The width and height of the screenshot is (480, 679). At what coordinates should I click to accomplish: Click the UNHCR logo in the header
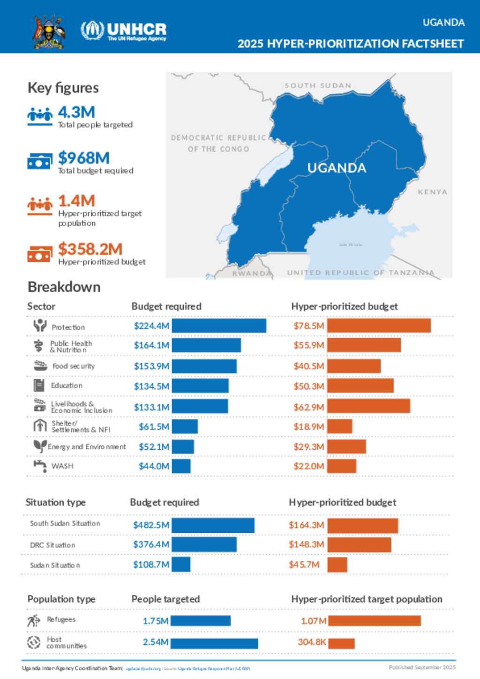[x=123, y=31]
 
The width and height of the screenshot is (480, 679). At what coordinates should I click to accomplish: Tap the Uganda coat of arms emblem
[x=49, y=31]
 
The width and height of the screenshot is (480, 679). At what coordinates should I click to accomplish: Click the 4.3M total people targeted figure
[x=76, y=112]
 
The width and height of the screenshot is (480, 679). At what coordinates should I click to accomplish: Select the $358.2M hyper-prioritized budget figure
[x=90, y=249]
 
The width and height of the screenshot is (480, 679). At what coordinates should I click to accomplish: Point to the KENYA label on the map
[x=432, y=192]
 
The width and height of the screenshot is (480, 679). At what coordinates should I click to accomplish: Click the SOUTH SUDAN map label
[x=318, y=86]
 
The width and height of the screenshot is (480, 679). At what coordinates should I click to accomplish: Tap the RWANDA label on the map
[x=252, y=273]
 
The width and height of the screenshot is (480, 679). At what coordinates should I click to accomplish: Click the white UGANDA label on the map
[x=337, y=168]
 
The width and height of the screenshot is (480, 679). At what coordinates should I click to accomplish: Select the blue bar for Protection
[x=219, y=326]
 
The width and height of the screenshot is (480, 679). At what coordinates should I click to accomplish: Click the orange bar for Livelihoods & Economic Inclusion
[x=368, y=406]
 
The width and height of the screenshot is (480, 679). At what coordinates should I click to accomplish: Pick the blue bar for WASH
[x=181, y=466]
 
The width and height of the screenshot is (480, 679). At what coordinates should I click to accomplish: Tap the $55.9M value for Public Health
[x=309, y=345]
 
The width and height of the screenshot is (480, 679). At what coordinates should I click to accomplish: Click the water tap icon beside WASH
[x=40, y=466]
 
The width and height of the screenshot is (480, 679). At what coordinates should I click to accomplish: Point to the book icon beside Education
[x=39, y=385]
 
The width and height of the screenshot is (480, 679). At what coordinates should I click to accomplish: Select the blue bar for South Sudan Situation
[x=213, y=525]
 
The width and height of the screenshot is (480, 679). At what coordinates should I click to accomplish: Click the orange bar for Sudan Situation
[x=337, y=565]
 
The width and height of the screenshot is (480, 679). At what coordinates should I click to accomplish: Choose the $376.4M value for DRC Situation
[x=151, y=545]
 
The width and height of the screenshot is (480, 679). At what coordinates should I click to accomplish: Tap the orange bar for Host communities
[x=341, y=643]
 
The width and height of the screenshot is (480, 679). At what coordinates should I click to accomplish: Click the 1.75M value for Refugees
[x=156, y=621]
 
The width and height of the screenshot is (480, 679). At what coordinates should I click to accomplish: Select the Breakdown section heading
[x=64, y=287]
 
